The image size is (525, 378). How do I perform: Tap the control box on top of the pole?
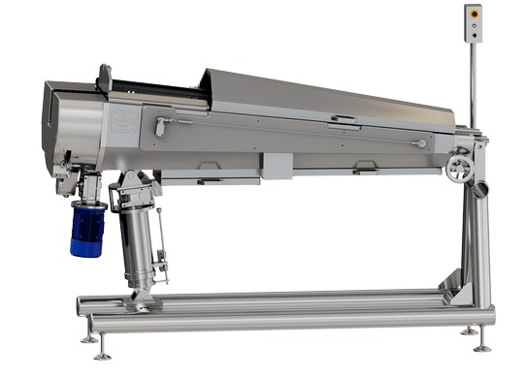point(473,23)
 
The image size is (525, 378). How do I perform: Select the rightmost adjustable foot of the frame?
point(483,345)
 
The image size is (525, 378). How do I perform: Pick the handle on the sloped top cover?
point(342,118)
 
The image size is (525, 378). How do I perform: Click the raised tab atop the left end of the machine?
point(104,77)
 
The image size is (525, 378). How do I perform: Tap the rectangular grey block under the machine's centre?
point(277,166)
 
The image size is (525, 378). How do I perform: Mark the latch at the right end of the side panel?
point(418,143)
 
